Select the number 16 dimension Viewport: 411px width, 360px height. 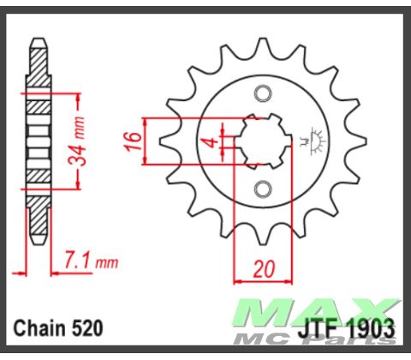(x=134, y=140)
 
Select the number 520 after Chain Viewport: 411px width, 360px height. (x=90, y=327)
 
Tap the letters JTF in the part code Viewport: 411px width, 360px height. (x=317, y=328)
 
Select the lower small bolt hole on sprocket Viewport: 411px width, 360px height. (x=264, y=187)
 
